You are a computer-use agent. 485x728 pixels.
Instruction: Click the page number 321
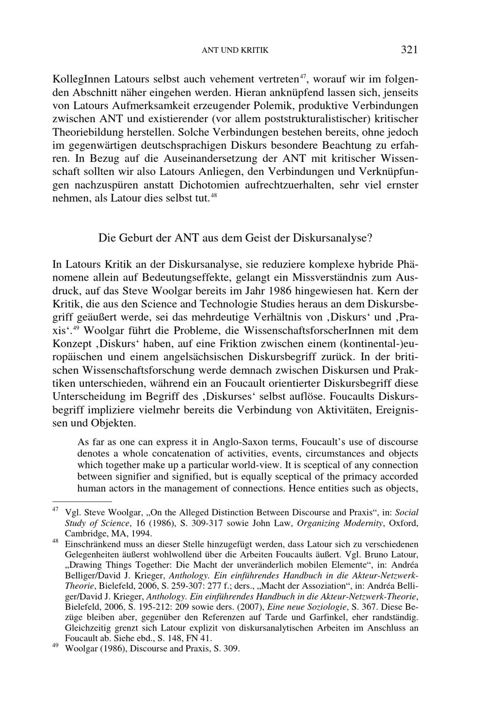tap(409, 49)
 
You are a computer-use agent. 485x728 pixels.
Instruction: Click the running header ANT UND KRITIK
tap(235, 50)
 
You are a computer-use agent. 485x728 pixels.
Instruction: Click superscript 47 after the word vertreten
tap(303, 75)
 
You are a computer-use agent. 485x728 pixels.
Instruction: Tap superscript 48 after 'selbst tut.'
tap(213, 195)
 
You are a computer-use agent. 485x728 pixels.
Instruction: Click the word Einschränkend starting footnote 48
tap(89, 544)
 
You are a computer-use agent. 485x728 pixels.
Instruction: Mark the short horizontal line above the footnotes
tap(82, 501)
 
